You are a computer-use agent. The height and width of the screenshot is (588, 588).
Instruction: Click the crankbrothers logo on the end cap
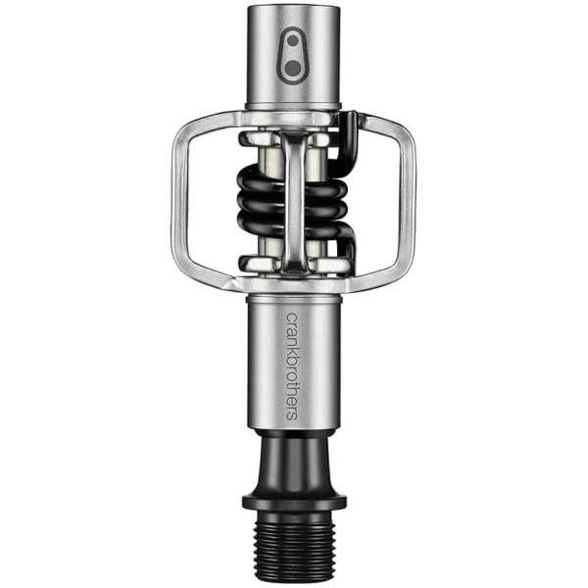[x=293, y=56]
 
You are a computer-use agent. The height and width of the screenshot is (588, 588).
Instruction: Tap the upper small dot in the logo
[x=294, y=41]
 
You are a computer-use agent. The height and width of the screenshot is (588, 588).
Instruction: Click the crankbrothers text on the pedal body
[x=292, y=367]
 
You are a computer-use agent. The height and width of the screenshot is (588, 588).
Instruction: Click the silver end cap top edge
[x=294, y=8]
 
